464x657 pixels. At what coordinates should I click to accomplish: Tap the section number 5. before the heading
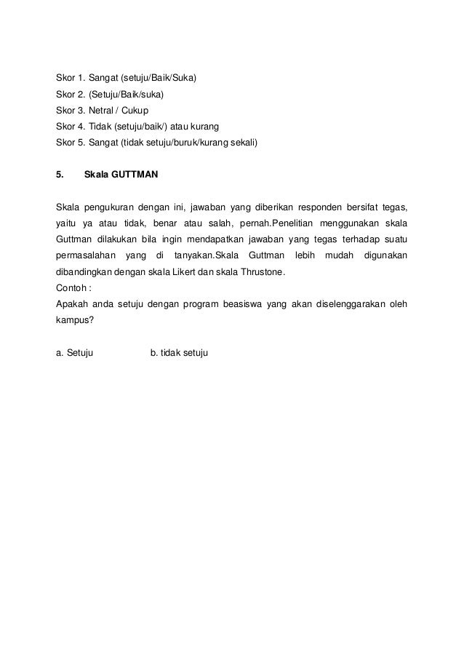[x=60, y=175]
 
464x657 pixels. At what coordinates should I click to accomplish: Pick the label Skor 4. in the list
[x=70, y=126]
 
